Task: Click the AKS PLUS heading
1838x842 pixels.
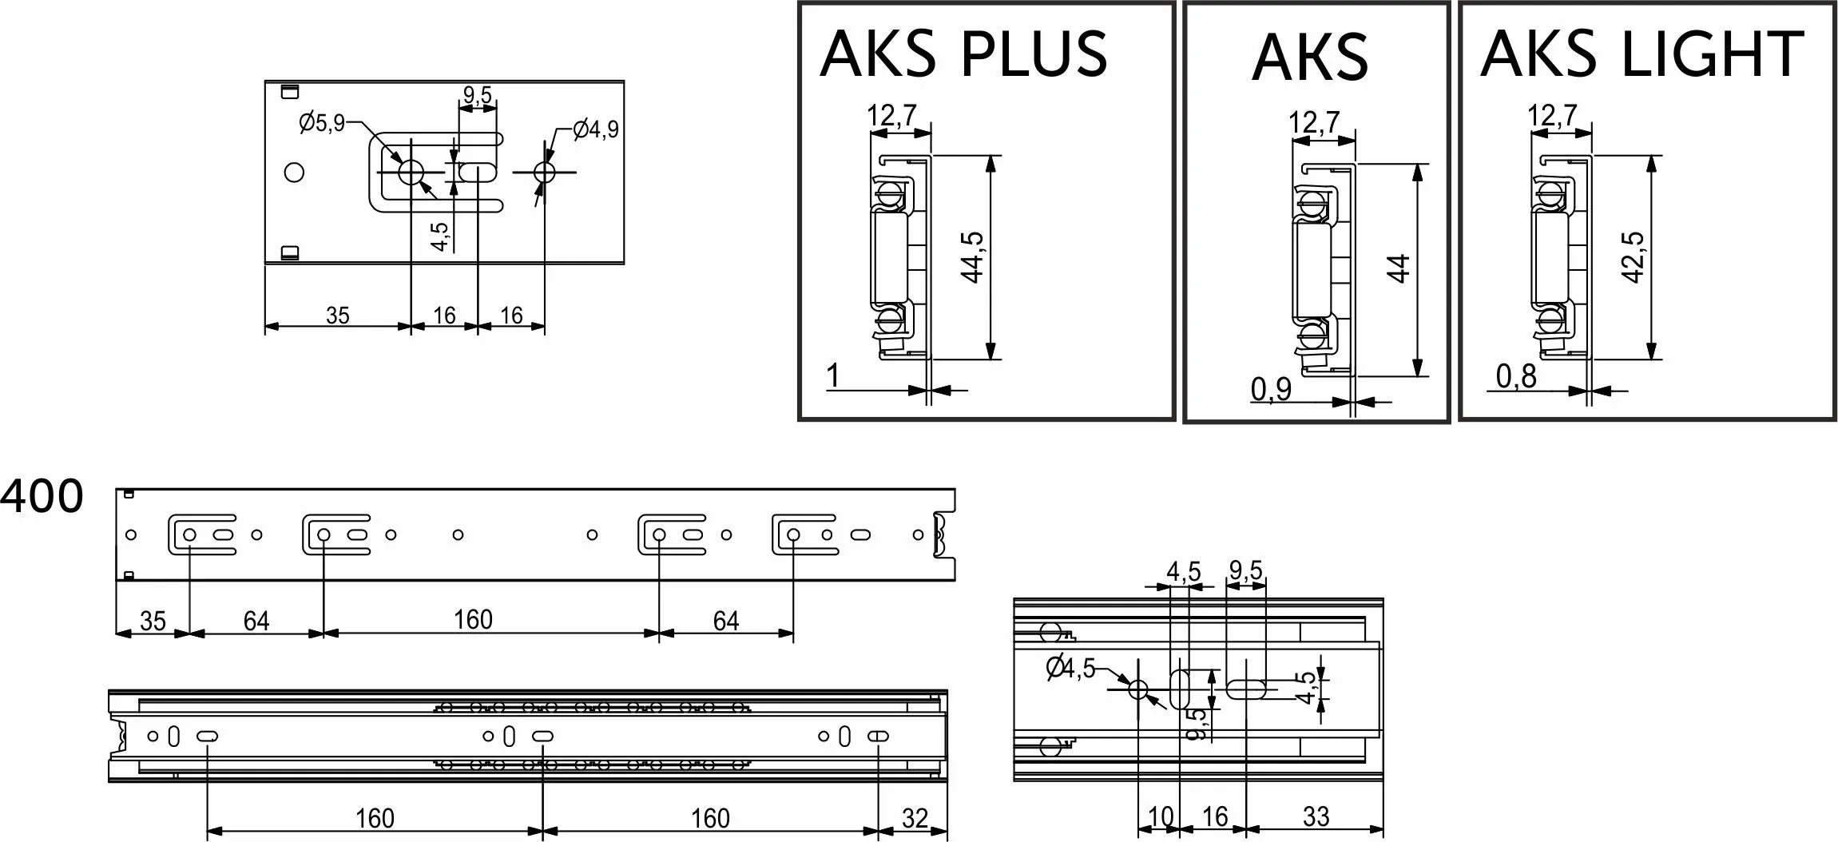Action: point(963,54)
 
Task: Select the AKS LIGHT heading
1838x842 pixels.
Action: point(1642,54)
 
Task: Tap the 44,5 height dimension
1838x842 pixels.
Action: point(972,257)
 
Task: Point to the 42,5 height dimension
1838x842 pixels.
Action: point(1633,257)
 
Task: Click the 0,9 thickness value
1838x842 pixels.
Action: point(1271,389)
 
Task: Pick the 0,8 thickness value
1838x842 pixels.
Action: point(1516,377)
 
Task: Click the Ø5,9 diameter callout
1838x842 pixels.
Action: point(322,123)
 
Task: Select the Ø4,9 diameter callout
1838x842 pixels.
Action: point(596,129)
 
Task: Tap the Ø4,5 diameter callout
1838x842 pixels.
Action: point(1071,668)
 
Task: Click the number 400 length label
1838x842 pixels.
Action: point(42,497)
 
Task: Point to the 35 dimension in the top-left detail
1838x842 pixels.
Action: point(337,316)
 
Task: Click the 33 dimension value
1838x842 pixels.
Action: point(1315,816)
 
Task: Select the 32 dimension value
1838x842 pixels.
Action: point(915,818)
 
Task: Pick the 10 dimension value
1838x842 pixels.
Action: point(1160,816)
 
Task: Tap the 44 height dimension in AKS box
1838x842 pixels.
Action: point(1399,268)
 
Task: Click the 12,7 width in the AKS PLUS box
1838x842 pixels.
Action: point(892,116)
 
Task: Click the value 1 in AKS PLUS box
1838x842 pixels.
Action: point(833,375)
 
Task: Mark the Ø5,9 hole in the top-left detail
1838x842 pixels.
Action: point(411,172)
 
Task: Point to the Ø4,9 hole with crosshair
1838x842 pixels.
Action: point(546,172)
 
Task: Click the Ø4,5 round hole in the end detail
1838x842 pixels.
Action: point(1137,689)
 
